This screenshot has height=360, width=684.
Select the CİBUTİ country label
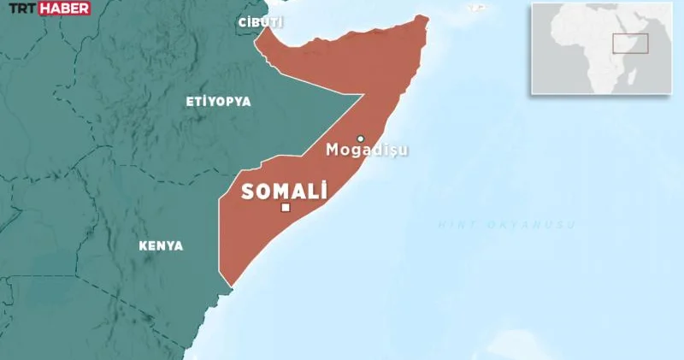(262, 22)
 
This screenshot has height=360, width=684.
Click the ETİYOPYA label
(218, 101)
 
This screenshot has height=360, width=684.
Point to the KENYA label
(161, 245)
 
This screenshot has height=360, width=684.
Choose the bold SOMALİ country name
(285, 192)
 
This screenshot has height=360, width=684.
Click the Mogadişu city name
(367, 150)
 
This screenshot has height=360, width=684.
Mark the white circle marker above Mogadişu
(361, 139)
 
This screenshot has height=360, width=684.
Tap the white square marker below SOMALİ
(286, 208)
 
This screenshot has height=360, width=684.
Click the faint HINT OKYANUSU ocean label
(506, 224)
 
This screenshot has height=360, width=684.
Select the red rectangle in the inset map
(630, 43)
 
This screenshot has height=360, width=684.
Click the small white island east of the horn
(475, 10)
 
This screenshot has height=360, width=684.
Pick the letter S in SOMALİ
(248, 192)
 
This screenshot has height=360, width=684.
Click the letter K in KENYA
(143, 245)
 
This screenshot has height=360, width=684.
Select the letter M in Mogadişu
(333, 150)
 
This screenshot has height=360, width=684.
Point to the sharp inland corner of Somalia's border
(366, 93)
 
